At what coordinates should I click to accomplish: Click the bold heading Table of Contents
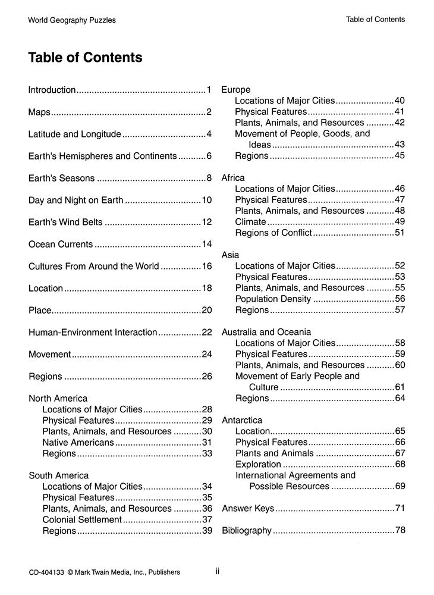85,58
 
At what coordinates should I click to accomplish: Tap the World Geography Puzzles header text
71,20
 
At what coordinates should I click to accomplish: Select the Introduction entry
52,90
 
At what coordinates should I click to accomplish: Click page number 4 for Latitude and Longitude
209,134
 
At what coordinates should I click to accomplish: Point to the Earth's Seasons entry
62,178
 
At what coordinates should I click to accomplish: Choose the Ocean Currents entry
61,244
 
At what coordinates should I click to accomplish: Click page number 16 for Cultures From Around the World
207,266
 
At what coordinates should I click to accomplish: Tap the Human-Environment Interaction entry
93,332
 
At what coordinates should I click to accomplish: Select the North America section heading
58,398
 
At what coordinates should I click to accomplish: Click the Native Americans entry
78,442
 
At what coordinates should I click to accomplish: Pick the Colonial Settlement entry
82,519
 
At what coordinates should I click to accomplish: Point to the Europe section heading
236,90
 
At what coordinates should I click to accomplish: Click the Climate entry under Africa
250,221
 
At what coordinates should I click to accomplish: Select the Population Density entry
273,299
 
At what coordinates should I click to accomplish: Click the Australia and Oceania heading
266,332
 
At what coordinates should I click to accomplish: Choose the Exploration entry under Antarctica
258,464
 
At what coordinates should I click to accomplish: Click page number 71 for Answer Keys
400,509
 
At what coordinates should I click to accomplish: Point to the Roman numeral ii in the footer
218,572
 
